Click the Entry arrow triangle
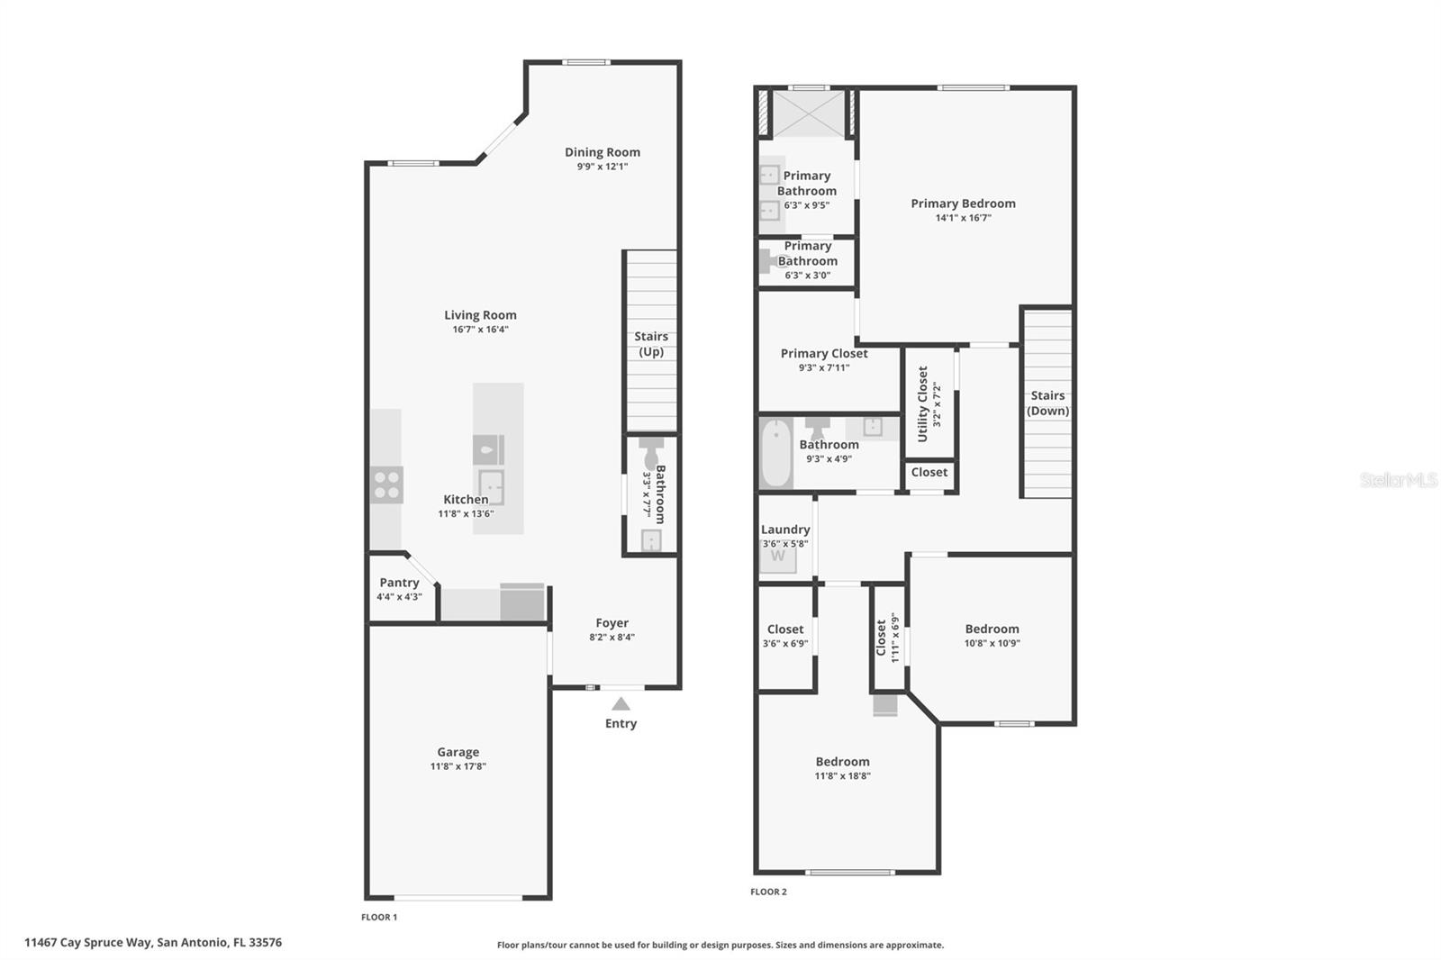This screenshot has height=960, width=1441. pyautogui.click(x=621, y=704)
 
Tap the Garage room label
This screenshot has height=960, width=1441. pyautogui.click(x=458, y=752)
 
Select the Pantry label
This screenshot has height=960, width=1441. pyautogui.click(x=399, y=583)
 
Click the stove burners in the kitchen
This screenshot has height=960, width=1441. pyautogui.click(x=387, y=485)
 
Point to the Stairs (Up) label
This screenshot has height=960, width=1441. pyautogui.click(x=651, y=344)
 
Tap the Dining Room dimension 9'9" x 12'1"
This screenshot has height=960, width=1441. pyautogui.click(x=603, y=167)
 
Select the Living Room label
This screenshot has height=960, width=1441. pyautogui.click(x=480, y=315)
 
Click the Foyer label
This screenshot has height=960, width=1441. pyautogui.click(x=612, y=623)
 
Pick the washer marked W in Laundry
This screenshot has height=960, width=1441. pyautogui.click(x=778, y=557)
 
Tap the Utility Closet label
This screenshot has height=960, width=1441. pyautogui.click(x=922, y=403)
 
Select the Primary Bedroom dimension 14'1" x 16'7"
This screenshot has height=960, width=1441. pyautogui.click(x=963, y=218)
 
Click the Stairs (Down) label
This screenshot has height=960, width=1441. pyautogui.click(x=1047, y=403)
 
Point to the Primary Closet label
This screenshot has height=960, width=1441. pyautogui.click(x=824, y=353)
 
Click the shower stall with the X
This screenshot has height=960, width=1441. pyautogui.click(x=809, y=113)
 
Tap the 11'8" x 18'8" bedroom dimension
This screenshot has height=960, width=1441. pyautogui.click(x=842, y=776)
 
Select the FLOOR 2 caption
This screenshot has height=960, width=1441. pyautogui.click(x=768, y=892)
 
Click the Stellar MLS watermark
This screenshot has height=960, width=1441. pyautogui.click(x=1398, y=480)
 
